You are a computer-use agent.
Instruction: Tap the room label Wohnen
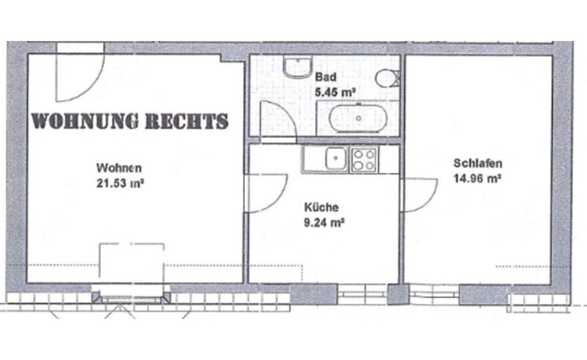click(x=119, y=168)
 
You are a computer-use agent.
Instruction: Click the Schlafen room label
click(x=478, y=163)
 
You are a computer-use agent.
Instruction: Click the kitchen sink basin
click(x=335, y=160)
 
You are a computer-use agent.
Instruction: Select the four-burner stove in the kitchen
click(x=364, y=160)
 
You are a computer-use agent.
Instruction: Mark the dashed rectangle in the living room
click(x=132, y=266)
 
